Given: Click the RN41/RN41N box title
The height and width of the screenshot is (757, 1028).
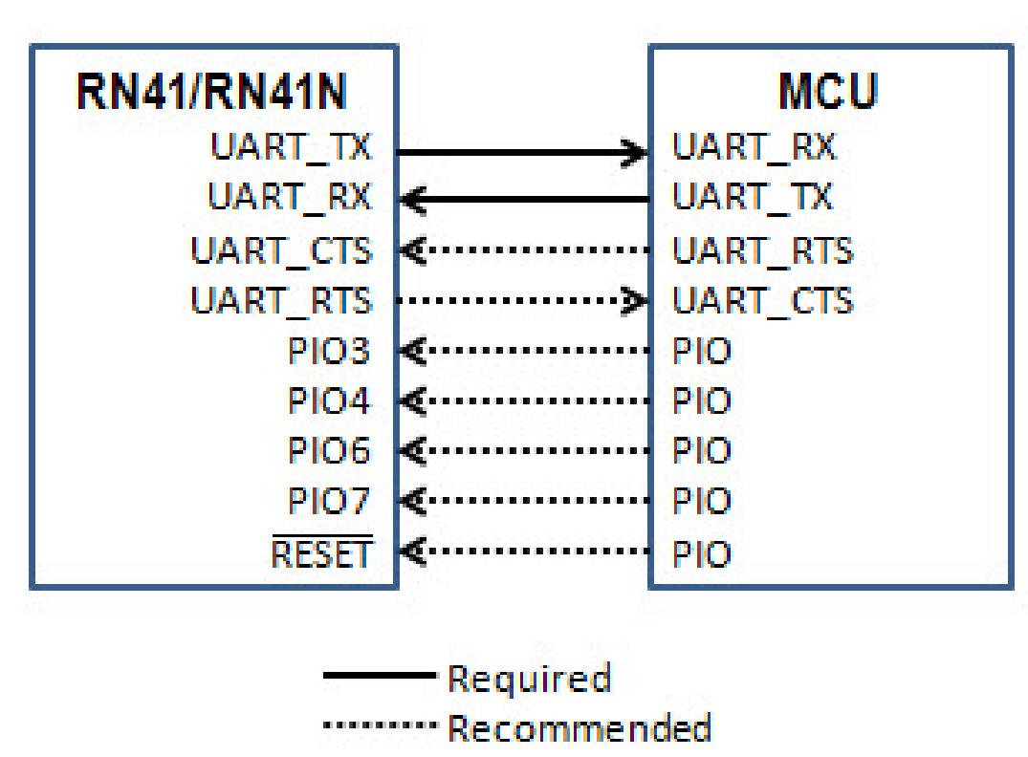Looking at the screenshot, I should click(x=211, y=94).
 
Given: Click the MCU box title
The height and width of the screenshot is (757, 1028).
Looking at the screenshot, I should click(x=828, y=94).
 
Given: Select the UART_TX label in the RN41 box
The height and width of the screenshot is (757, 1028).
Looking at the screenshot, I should click(x=290, y=147).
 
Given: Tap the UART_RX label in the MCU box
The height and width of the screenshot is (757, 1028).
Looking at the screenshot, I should click(x=754, y=147).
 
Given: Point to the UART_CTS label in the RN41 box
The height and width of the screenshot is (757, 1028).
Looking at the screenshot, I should click(x=281, y=251).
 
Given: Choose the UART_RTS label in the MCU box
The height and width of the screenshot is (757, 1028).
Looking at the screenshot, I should click(x=762, y=251).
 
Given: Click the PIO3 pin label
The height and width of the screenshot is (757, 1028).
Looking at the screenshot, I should click(x=329, y=351).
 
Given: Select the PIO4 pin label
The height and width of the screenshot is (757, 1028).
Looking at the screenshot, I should click(x=329, y=400).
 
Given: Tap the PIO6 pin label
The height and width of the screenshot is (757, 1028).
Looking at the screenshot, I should click(x=329, y=450).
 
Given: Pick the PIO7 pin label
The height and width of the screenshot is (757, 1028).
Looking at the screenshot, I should click(x=329, y=500).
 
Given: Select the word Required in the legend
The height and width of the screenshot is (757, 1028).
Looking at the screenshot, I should click(x=529, y=679).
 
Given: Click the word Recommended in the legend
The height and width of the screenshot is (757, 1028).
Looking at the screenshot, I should click(x=580, y=728).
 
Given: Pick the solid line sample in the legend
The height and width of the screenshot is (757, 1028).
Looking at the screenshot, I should click(x=379, y=677).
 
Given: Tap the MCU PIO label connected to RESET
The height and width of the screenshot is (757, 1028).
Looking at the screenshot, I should click(x=701, y=554).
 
